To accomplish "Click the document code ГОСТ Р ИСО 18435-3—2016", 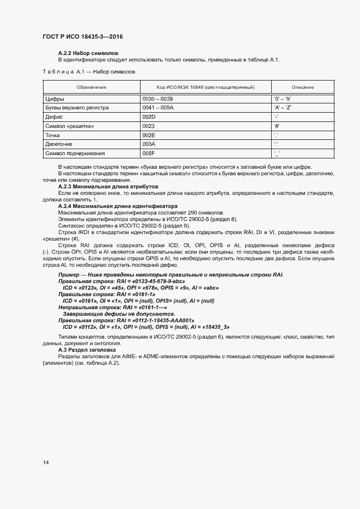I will [82, 36].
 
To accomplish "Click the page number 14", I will [45, 463].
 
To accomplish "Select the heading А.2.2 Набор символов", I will [84, 53].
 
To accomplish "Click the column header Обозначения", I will [91, 87].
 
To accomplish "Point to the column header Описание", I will [302, 87].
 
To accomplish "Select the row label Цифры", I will [54, 99].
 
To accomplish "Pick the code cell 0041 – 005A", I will [157, 108].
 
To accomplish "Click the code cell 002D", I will [149, 117].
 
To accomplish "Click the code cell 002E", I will [149, 135].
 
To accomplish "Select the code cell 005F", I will [149, 153].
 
